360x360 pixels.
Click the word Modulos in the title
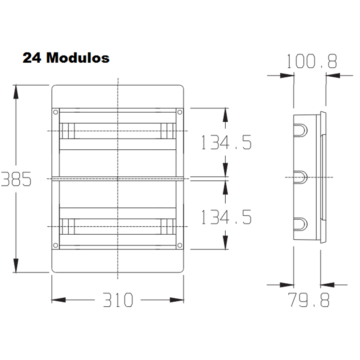tap(78, 58)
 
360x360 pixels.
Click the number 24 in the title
tap(32, 58)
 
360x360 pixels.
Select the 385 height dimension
tap(16, 179)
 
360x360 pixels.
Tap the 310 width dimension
tap(118, 300)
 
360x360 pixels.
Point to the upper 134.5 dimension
tap(226, 142)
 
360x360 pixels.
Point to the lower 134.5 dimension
tap(226, 217)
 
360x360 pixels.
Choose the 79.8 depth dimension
tap(309, 300)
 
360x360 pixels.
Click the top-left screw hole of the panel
tap(55, 112)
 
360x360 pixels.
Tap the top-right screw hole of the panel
tap(180, 112)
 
